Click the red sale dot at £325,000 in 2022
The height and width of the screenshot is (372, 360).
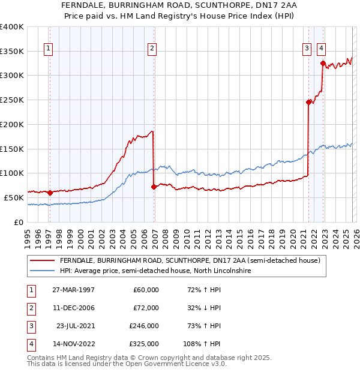click(x=323, y=63)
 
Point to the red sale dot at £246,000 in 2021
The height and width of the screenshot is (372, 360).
click(x=309, y=102)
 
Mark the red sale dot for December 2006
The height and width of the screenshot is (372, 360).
click(x=154, y=187)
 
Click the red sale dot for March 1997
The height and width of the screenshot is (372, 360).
click(x=50, y=193)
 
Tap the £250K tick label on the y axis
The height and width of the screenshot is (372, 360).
click(x=11, y=100)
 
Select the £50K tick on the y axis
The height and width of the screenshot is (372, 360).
click(x=13, y=197)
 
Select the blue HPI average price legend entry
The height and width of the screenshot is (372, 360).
click(x=155, y=271)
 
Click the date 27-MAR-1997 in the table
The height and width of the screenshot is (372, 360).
click(x=73, y=290)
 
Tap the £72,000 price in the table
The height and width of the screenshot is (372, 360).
click(x=146, y=308)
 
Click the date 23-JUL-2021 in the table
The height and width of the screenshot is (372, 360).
click(x=74, y=326)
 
